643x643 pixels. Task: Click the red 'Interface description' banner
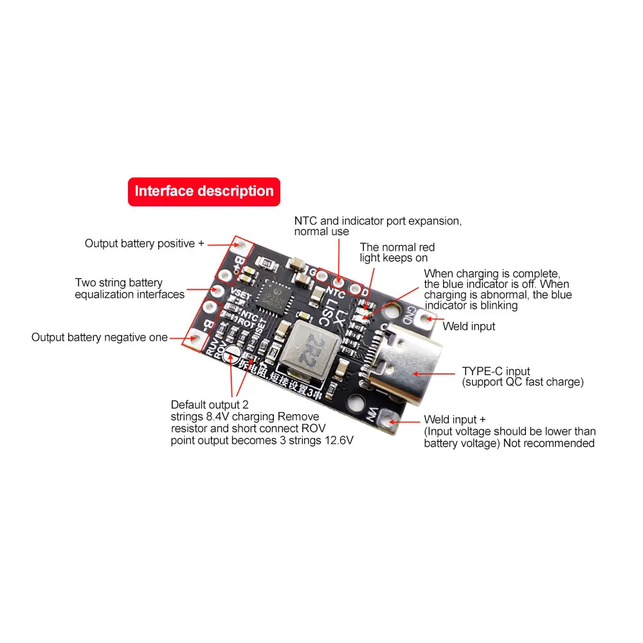point(204,192)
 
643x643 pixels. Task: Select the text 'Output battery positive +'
point(144,244)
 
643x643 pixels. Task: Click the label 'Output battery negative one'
point(100,338)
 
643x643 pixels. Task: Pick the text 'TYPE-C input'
point(496,371)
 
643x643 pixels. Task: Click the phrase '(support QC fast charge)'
point(523,382)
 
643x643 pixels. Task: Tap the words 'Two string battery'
point(119,283)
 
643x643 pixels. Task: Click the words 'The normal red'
point(397,247)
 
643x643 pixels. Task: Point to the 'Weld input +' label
point(455,420)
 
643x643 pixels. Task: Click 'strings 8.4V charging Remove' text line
point(244,417)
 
